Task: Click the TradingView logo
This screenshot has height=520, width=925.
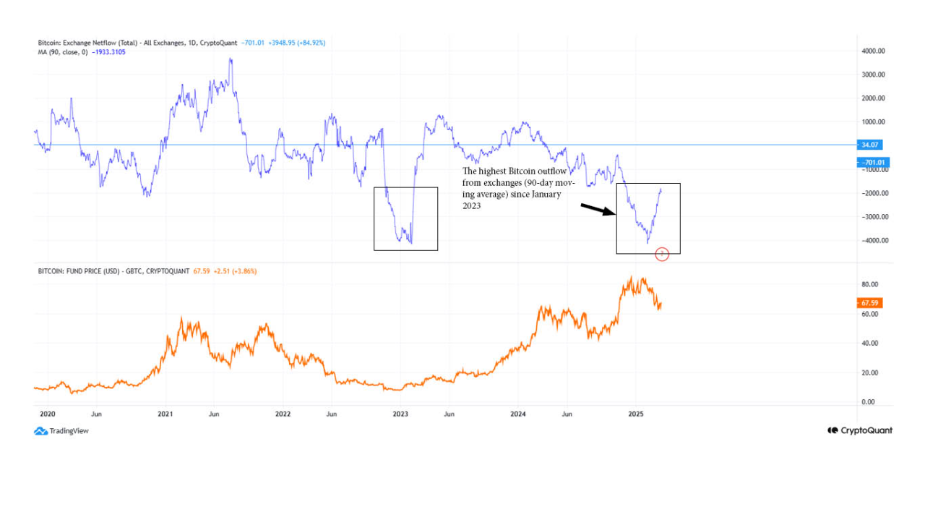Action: tap(61, 431)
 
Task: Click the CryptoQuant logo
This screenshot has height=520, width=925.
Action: tap(860, 430)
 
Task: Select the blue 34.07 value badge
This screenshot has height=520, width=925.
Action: tap(869, 145)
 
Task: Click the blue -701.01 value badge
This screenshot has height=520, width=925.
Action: tap(872, 163)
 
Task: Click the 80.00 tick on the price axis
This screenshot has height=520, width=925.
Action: tap(869, 284)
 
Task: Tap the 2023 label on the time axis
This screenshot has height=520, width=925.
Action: tap(400, 414)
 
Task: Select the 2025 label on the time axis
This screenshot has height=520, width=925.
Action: tap(636, 414)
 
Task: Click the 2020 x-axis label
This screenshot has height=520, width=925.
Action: tap(47, 414)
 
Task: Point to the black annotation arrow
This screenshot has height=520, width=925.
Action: tap(598, 210)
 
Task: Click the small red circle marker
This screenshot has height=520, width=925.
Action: tap(662, 254)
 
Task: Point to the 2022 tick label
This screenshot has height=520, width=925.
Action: tap(283, 414)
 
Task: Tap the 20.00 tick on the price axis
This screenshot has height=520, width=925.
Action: tap(869, 372)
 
